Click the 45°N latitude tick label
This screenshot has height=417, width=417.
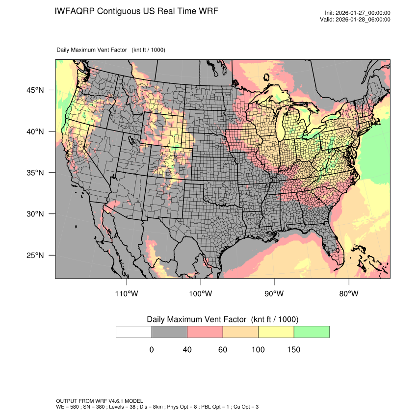pyautogui.click(x=35, y=90)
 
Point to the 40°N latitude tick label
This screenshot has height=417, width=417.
pyautogui.click(x=35, y=131)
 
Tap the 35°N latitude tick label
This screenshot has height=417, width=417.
pyautogui.click(x=35, y=173)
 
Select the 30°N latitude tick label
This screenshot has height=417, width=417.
pyautogui.click(x=35, y=214)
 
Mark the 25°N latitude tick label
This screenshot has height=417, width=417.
pyautogui.click(x=35, y=255)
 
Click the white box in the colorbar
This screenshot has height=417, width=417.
pyautogui.click(x=134, y=332)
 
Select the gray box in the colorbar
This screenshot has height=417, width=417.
pyautogui.click(x=169, y=332)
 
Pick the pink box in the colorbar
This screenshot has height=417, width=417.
pyautogui.click(x=205, y=332)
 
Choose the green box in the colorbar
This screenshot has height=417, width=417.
pyautogui.click(x=312, y=332)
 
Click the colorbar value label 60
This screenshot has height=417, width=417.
pyautogui.click(x=223, y=350)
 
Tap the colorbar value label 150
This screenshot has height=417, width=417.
pyautogui.click(x=293, y=350)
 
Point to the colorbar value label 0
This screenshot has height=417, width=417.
pyautogui.click(x=152, y=350)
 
